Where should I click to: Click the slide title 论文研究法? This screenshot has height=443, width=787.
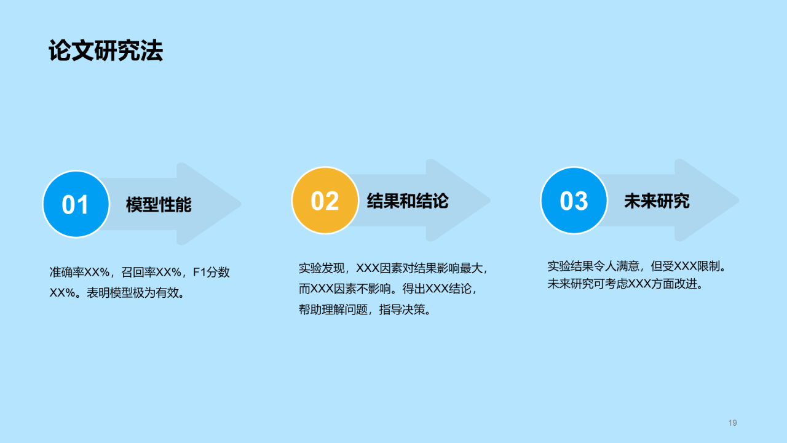[106, 52]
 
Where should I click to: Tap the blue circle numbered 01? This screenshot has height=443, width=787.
[76, 204]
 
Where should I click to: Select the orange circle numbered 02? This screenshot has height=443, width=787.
[325, 201]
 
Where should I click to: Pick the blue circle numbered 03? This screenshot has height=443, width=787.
[574, 201]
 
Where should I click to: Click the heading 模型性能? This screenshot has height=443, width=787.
[159, 204]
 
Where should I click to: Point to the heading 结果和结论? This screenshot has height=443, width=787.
[407, 201]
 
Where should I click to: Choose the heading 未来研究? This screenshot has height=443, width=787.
[657, 201]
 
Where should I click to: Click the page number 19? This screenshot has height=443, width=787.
[732, 423]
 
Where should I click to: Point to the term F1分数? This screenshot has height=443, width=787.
[212, 273]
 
